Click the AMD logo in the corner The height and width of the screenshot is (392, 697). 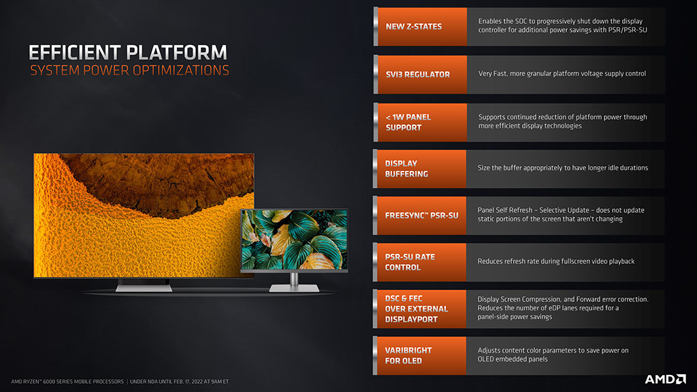click(666, 379)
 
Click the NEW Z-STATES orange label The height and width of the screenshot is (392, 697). click(414, 27)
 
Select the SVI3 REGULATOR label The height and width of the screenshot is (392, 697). click(418, 75)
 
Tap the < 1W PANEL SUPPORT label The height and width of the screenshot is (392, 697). click(408, 122)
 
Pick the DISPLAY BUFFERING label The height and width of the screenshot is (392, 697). click(406, 169)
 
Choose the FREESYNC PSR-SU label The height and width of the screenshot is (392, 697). click(421, 216)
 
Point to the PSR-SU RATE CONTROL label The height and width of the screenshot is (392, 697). click(410, 262)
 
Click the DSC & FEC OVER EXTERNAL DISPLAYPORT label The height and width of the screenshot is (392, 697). click(417, 309)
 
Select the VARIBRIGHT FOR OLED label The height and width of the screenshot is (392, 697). click(408, 355)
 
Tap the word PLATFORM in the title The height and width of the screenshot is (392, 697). click(176, 52)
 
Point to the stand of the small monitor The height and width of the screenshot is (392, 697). click(294, 283)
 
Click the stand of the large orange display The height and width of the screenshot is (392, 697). click(144, 285)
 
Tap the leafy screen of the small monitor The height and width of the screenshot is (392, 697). click(294, 239)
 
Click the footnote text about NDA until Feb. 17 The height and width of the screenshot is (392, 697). click(179, 381)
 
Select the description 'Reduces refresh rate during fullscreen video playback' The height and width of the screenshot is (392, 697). click(555, 261)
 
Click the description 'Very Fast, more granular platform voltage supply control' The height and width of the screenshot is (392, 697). click(562, 73)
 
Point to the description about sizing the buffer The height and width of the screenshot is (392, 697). click(563, 168)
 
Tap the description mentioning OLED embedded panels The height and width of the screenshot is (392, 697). click(553, 355)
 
